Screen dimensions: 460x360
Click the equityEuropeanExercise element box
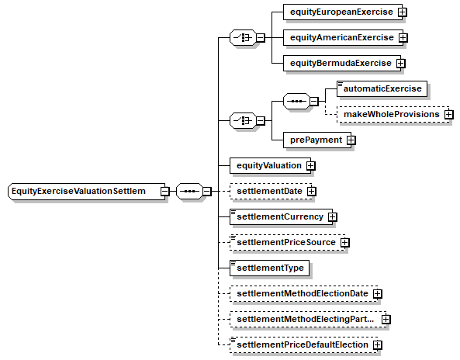click(x=343, y=12)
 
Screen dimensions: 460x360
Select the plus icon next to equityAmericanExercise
click(x=403, y=37)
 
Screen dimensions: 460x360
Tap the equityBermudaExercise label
click(x=341, y=63)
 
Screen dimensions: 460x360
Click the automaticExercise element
click(x=382, y=88)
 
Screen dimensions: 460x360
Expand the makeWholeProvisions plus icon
click(x=449, y=114)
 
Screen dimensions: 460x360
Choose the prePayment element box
click(x=317, y=140)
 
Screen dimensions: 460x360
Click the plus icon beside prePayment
click(x=351, y=140)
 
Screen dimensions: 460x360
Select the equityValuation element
click(x=270, y=165)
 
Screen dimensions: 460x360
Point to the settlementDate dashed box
click(x=271, y=192)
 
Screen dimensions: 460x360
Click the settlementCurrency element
click(x=281, y=216)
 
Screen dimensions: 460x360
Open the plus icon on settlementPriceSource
click(x=345, y=243)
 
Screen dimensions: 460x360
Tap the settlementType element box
click(x=269, y=268)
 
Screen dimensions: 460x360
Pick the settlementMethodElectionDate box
click(x=303, y=294)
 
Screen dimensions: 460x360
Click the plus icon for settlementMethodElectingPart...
click(x=386, y=319)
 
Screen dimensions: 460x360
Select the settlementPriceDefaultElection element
click(x=303, y=344)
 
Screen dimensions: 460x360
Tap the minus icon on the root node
click(x=165, y=192)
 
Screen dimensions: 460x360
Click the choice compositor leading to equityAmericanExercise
click(x=244, y=37)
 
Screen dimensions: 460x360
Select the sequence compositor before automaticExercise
click(x=296, y=102)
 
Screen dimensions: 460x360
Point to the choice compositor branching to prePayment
click(x=244, y=120)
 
